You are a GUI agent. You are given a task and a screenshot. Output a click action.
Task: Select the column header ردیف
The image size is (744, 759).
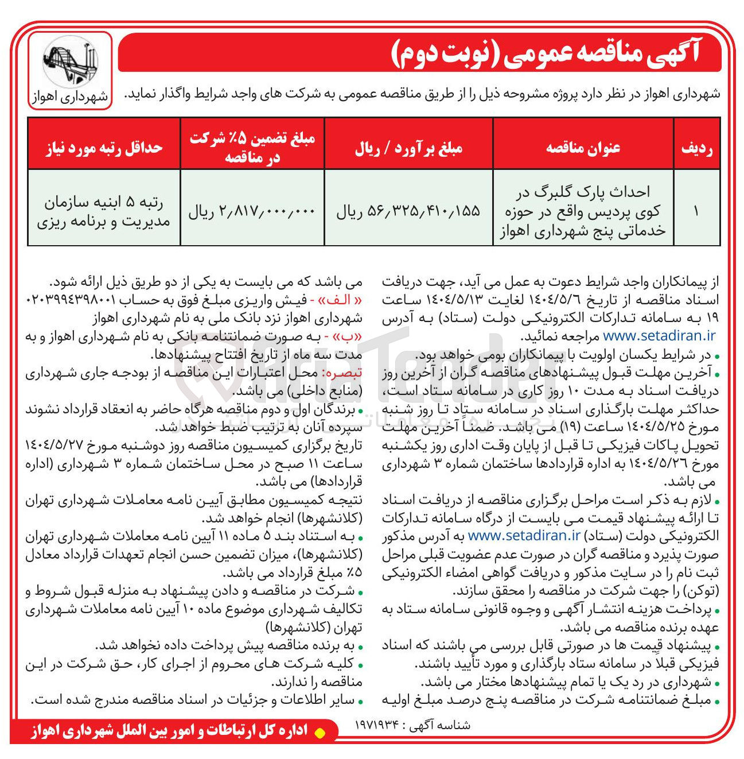697,148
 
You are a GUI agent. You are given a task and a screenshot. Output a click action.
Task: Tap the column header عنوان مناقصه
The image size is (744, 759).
583,148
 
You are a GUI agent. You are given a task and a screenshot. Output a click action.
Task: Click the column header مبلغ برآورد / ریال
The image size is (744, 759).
408,148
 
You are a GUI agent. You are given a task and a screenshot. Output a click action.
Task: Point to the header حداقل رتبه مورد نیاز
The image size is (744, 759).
104,148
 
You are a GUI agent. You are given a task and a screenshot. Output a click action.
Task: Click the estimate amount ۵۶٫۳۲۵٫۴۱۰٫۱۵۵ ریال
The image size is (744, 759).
408,212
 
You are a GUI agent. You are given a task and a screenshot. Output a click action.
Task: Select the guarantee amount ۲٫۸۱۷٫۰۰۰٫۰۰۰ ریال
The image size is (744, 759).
252,212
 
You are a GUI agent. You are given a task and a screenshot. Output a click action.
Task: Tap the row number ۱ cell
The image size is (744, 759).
697,211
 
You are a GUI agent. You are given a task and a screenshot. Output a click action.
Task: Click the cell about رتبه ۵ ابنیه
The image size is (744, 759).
104,212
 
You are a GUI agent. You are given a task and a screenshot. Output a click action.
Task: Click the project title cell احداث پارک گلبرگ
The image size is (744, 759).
583,211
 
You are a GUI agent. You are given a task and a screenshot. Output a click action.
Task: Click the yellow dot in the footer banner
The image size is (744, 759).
321,732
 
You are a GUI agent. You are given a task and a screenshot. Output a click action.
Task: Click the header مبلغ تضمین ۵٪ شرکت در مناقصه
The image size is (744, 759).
252,148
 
